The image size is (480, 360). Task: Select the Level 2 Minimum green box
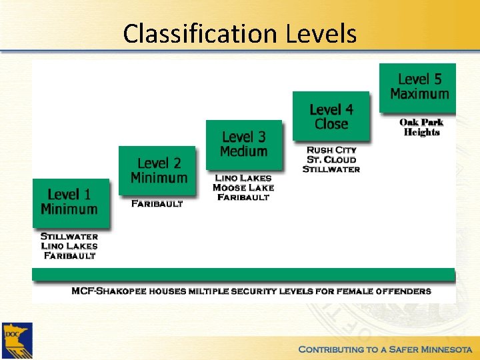[x=158, y=170]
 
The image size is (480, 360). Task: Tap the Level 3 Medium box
[x=243, y=144]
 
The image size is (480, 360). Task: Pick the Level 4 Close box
[x=331, y=116]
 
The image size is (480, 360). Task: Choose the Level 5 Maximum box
[x=418, y=87]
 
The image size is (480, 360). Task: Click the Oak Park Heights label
[x=421, y=127]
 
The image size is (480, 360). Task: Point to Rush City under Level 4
[x=331, y=150]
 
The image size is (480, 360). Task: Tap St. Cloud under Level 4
[x=331, y=159]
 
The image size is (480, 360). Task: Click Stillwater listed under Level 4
[x=331, y=169]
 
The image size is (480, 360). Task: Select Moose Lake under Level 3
[x=243, y=187]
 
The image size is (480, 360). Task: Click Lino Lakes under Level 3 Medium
[x=243, y=178]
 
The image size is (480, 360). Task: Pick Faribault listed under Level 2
[x=157, y=203]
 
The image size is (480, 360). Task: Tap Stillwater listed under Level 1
[x=69, y=236]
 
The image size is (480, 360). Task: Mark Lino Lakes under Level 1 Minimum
[x=69, y=245]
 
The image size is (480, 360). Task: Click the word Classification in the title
[x=197, y=33]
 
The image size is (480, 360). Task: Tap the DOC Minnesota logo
[x=16, y=341]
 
